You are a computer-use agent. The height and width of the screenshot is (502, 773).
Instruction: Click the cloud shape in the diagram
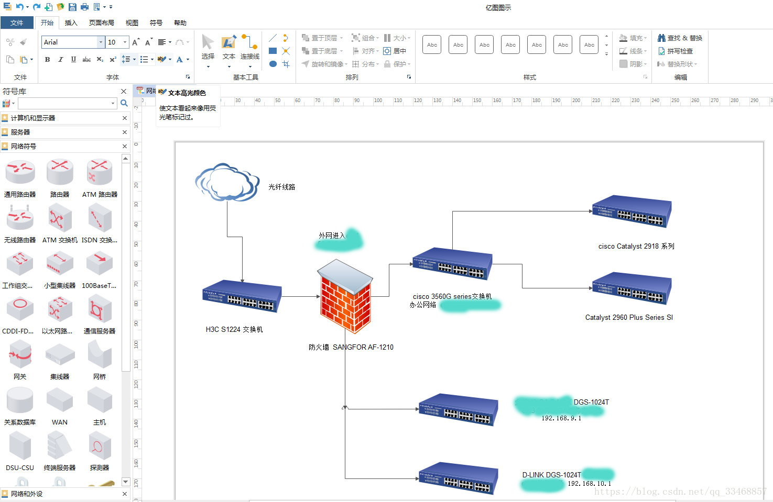(x=227, y=182)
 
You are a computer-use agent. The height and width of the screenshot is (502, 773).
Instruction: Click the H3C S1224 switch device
(x=242, y=296)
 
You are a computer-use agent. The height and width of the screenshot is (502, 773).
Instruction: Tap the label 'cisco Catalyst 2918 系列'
(x=636, y=246)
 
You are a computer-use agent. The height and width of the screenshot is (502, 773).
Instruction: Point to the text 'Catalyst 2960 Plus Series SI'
(x=629, y=317)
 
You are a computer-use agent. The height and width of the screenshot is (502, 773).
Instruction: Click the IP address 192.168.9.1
(x=561, y=418)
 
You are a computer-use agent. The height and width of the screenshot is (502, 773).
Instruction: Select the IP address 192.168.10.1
(x=589, y=484)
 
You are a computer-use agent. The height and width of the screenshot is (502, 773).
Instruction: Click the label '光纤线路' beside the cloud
(x=282, y=187)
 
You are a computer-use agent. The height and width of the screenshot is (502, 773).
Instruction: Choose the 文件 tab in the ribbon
(x=17, y=23)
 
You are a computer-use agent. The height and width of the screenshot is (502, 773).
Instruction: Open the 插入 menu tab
(x=71, y=23)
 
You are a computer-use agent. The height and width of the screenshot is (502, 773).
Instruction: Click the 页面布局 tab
(x=102, y=23)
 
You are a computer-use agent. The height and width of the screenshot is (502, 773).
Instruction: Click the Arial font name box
(x=70, y=42)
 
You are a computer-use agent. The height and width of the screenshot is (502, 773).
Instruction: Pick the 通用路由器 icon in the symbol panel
(x=20, y=173)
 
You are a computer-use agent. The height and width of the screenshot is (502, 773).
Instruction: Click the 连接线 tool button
(x=250, y=50)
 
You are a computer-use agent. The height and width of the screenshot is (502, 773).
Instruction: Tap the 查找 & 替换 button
(x=680, y=38)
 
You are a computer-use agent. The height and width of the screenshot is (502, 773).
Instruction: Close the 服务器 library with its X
(x=125, y=132)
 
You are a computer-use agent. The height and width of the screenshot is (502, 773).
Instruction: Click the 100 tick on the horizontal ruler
(x=378, y=101)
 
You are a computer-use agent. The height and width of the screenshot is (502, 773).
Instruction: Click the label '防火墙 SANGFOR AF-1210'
(x=351, y=347)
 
